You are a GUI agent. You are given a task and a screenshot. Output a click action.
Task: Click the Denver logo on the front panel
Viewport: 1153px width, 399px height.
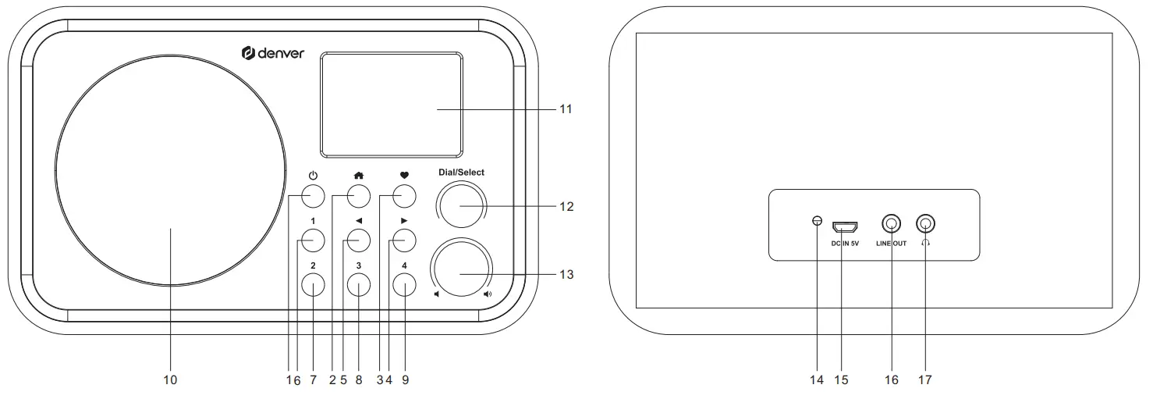pos(272,53)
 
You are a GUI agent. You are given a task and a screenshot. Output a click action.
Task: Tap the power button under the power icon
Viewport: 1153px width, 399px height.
pos(312,194)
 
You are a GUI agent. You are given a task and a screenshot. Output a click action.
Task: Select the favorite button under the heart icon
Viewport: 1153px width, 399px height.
pos(403,194)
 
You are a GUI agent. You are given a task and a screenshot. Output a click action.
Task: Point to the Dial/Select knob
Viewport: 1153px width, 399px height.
pos(460,206)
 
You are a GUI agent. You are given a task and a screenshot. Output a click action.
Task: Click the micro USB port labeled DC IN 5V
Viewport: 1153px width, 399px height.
pos(845,227)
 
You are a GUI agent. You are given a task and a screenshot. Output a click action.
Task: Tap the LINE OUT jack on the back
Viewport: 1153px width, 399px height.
pos(892,225)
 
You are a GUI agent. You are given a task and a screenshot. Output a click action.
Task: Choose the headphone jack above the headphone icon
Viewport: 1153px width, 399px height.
pos(925,225)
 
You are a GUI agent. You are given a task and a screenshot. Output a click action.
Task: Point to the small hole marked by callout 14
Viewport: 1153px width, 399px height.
pos(817,221)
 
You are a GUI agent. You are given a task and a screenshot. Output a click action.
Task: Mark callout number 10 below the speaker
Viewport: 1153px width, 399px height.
pos(170,380)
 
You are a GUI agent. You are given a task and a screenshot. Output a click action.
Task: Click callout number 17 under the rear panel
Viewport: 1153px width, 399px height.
pos(924,380)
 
